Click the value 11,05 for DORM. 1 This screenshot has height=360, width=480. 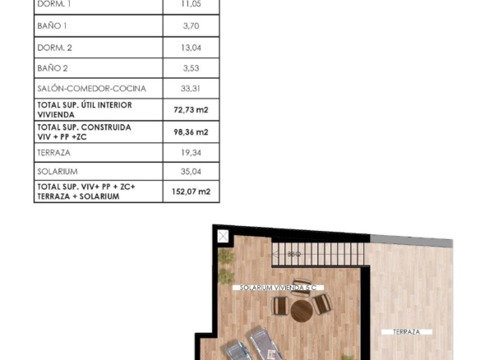coord(191,4)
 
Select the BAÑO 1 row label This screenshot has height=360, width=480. coord(52,25)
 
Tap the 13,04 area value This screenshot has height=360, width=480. coord(191,48)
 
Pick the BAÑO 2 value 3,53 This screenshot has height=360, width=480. coord(191,68)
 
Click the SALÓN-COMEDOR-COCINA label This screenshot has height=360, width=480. coord(91,89)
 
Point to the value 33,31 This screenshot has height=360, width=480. coord(191,89)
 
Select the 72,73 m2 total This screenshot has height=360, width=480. coord(191,109)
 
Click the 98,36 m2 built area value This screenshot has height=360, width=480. coord(191,132)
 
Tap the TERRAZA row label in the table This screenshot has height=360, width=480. coord(54,152)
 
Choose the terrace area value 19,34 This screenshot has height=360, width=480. coord(191,152)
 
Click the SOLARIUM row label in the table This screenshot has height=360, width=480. coord(58,172)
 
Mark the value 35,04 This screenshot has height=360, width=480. coord(191,172)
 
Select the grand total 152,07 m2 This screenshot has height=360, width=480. coord(191,192)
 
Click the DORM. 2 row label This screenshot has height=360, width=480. coord(54,48)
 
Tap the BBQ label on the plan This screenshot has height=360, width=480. coord(294,254)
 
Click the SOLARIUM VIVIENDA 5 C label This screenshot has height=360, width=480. coord(278,288)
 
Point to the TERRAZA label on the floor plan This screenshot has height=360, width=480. coord(407,332)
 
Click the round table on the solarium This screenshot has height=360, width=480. coord(302,311)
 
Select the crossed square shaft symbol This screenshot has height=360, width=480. coord(223,236)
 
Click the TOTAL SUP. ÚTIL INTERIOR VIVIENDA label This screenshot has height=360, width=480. coord(85,109)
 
